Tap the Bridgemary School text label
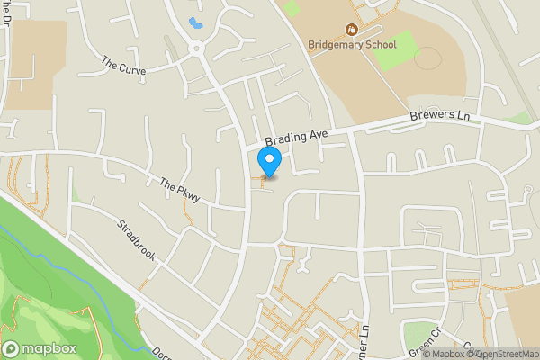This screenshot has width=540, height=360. point(352,44)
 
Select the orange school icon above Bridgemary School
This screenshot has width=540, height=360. point(352,30)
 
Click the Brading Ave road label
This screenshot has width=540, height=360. point(296,138)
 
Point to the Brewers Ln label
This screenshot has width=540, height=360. point(439,117)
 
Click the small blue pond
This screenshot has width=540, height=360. point(194,22)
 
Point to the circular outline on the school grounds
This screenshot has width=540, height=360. point(428,58)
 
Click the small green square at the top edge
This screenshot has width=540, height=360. point(291,9)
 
